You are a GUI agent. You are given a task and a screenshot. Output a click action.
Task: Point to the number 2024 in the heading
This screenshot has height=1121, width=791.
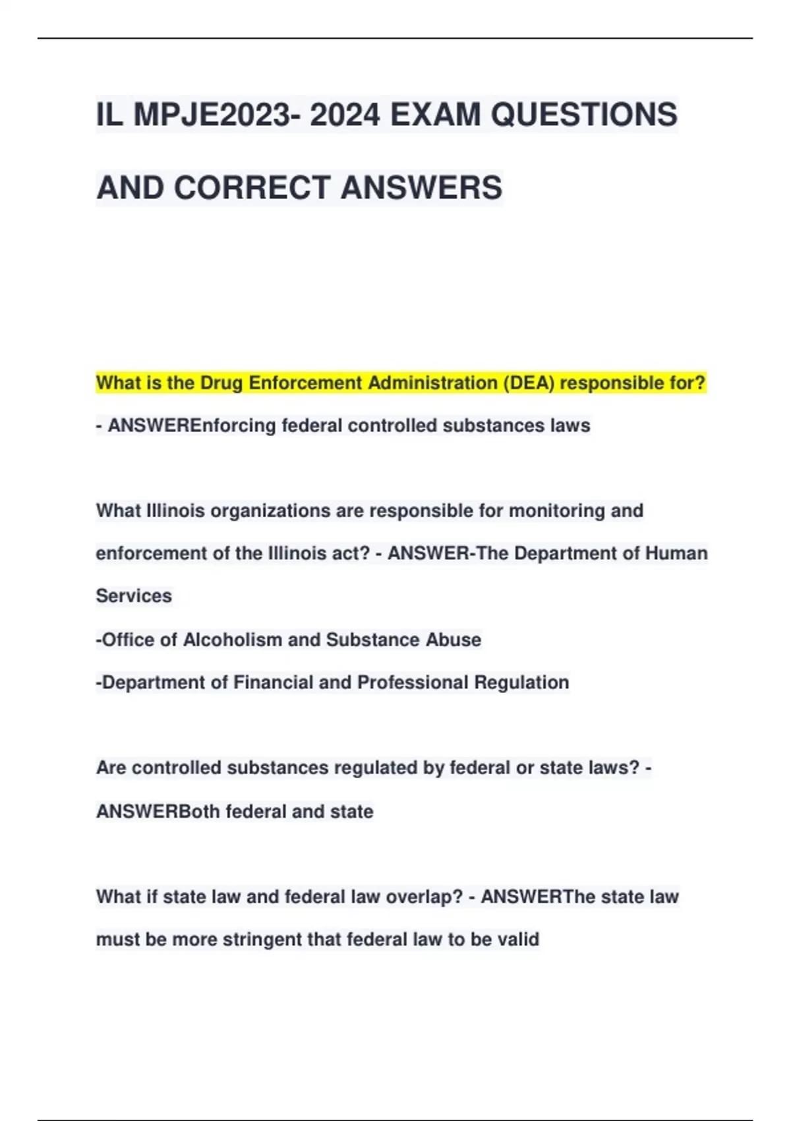coord(345,115)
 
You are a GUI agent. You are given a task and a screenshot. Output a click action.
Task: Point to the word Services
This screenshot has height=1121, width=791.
coord(134,596)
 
